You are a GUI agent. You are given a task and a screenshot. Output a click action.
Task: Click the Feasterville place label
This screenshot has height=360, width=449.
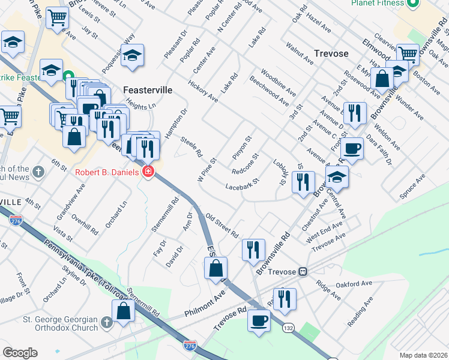[148, 89]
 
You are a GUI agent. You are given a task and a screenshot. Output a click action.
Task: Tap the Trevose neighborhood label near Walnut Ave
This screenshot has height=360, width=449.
[330, 53]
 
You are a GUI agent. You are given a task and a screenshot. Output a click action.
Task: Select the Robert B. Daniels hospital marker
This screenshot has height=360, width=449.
[148, 173]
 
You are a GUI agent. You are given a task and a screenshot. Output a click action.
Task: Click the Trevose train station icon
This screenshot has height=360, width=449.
[304, 271]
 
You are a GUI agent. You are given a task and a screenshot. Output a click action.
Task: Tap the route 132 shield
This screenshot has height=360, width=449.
[289, 328]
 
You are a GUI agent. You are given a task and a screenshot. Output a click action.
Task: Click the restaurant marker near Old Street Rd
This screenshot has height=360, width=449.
[253, 248]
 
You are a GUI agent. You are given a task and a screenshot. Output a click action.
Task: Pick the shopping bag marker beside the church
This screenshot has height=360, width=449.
[123, 311]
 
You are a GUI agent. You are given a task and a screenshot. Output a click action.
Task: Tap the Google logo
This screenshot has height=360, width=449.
[20, 353]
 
